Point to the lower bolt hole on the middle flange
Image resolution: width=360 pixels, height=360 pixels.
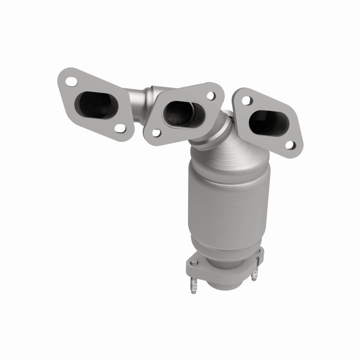click(156, 133)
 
